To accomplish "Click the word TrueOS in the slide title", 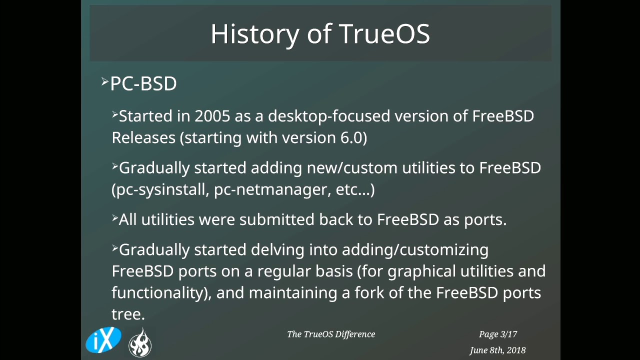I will coord(384,34).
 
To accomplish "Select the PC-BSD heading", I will coord(143,83).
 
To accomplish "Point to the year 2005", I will coord(212,116).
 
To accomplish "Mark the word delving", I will coord(277,249).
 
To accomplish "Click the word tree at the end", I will coord(127,314).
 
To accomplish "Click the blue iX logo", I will coord(103,340).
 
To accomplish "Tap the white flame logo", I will coord(140,343).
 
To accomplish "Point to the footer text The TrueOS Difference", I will coord(331,334).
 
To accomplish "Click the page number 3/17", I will coord(508,334).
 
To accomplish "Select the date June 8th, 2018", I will coord(497,350).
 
